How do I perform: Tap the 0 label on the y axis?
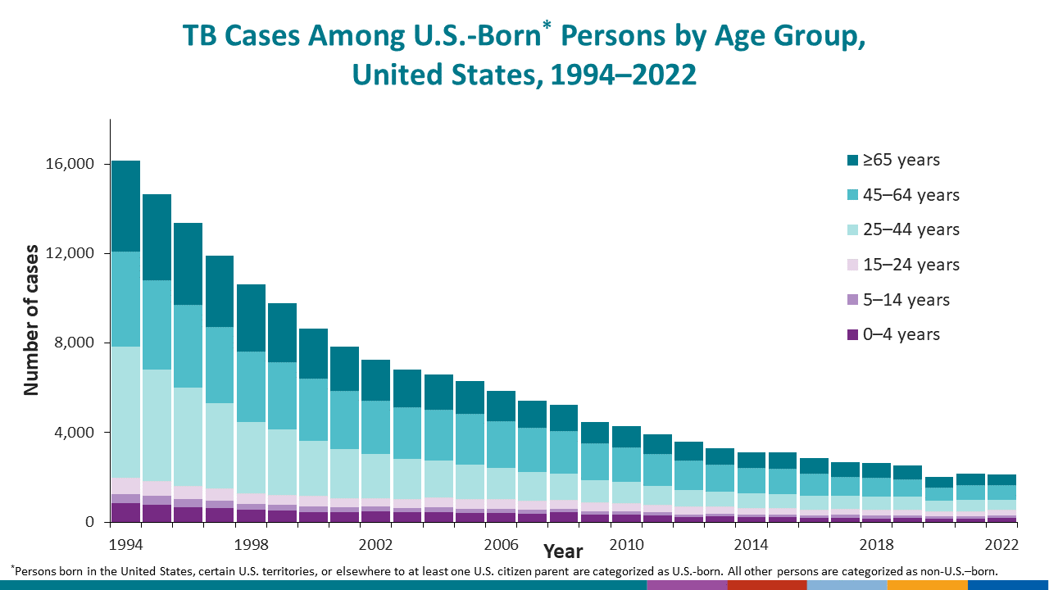coord(92,522)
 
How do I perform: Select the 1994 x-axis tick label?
coord(125,544)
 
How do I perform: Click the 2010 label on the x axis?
coord(626,544)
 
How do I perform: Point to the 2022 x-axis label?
coord(1001,544)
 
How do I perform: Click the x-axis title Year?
coord(563,551)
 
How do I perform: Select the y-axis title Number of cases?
coord(32,320)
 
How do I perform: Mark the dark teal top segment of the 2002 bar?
coord(375,380)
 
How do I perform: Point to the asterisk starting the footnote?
coord(12,567)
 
